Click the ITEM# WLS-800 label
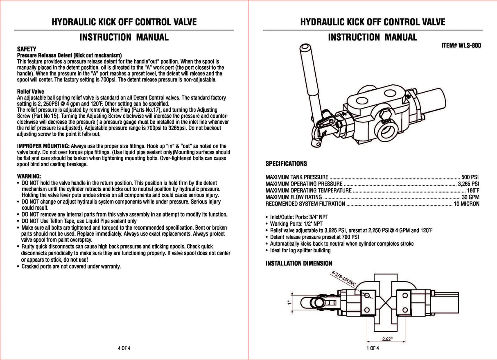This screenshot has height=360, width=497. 461,46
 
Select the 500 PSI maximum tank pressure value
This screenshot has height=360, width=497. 470,177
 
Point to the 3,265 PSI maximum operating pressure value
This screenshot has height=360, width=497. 468,184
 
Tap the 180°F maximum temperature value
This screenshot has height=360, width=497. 473,190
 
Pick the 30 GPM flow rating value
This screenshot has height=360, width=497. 470,197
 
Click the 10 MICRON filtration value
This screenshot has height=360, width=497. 466,204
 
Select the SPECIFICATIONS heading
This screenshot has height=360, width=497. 286,164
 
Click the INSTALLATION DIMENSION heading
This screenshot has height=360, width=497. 299,263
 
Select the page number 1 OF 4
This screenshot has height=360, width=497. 373,349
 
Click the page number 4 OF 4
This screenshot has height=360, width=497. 124,349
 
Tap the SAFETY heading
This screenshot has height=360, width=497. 27,49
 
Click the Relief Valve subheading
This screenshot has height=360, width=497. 30,91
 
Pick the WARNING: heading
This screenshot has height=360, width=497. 28,176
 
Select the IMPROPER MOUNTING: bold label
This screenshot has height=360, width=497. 43,146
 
